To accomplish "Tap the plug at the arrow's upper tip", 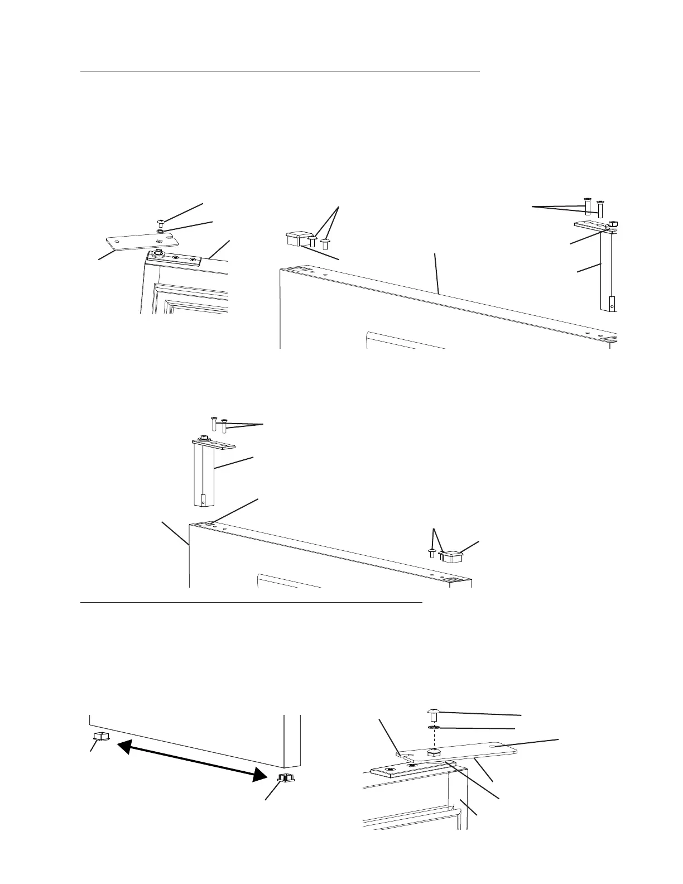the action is pyautogui.click(x=100, y=737).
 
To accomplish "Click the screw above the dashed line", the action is pyautogui.click(x=434, y=712).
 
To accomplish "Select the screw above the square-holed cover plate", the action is pyautogui.click(x=161, y=222).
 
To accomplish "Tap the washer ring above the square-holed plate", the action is pyautogui.click(x=161, y=230).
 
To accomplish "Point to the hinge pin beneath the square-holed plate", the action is pyautogui.click(x=158, y=254).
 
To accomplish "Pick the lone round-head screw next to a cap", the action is pyautogui.click(x=431, y=552).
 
